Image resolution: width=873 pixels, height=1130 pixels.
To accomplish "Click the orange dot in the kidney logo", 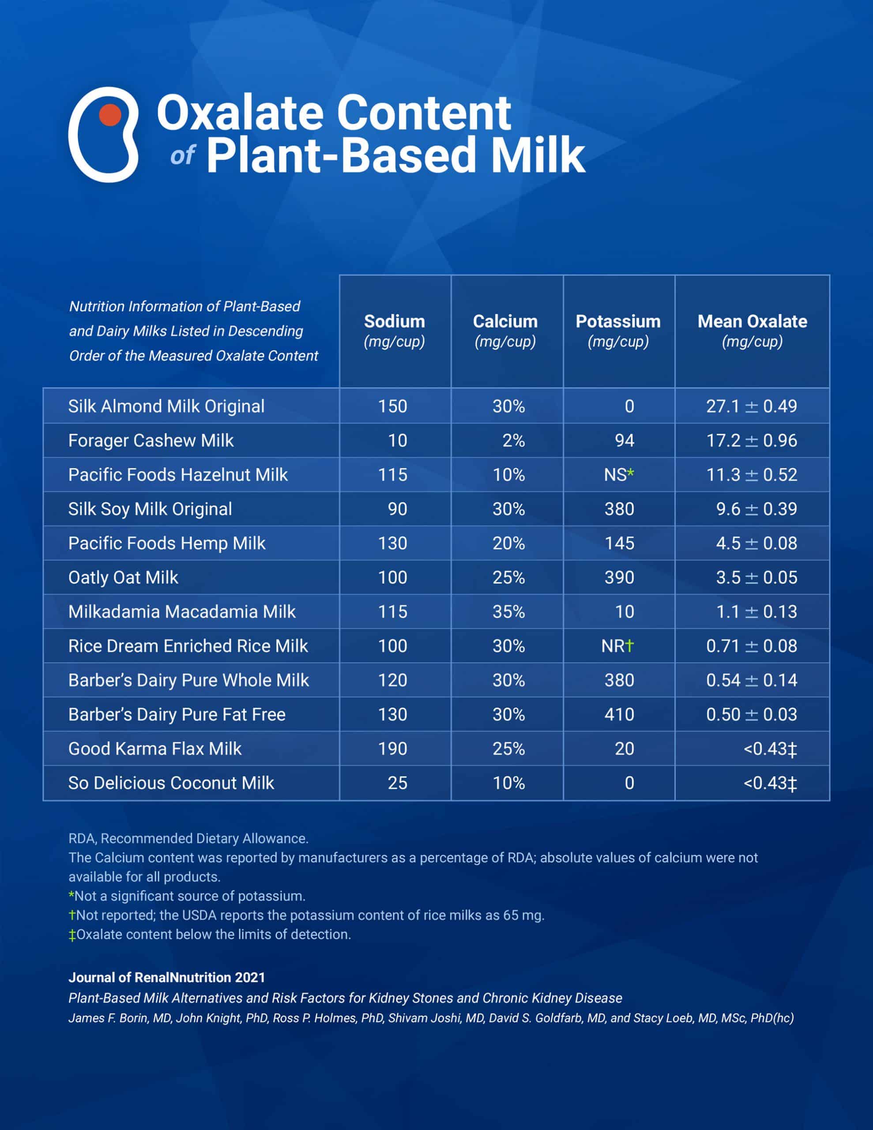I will point(110,115).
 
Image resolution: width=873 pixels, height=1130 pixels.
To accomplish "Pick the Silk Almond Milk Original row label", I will point(166,406).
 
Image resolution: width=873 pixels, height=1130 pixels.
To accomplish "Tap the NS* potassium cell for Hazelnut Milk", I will point(618,475).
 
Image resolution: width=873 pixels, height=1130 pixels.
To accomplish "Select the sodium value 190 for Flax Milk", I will point(392,749).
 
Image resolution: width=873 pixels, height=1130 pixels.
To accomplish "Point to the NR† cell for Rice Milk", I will point(617,646).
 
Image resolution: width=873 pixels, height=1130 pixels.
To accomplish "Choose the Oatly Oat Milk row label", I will point(123,577).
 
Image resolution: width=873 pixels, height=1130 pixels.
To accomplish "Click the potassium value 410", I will point(619,715).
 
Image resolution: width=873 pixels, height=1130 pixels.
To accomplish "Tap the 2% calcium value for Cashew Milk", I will point(513,441).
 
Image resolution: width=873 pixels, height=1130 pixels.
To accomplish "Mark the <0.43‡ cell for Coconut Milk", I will point(770,783).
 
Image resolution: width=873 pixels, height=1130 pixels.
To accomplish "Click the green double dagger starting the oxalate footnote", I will point(72,935).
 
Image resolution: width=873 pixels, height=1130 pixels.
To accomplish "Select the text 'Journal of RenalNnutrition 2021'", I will point(167,977).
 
